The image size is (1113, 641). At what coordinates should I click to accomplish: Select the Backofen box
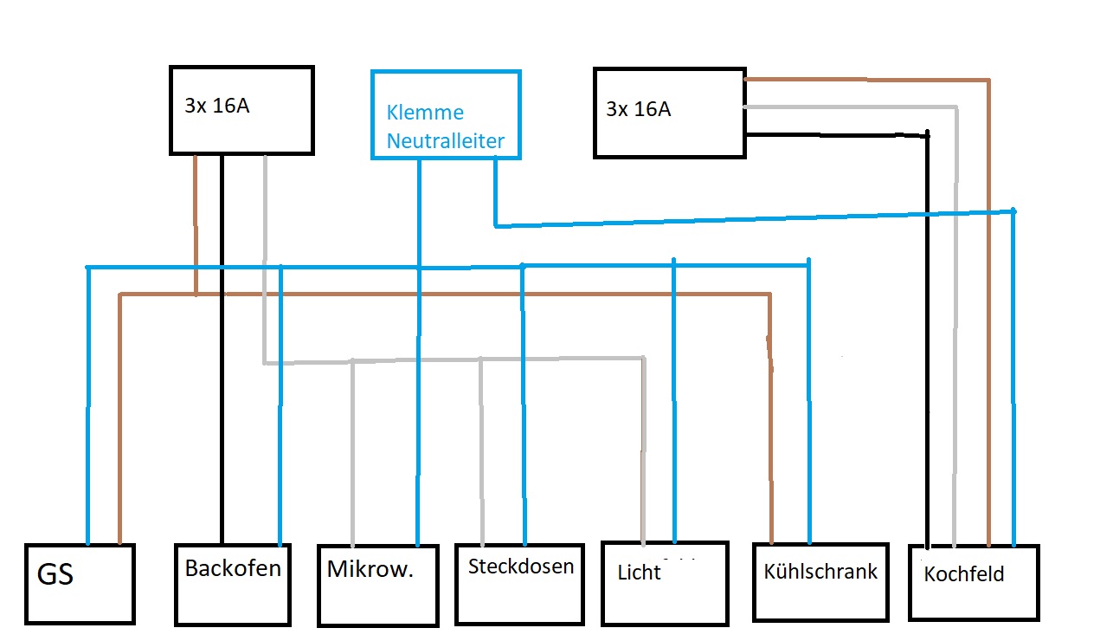coord(232,584)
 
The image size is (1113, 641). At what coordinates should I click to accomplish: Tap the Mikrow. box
coord(377,586)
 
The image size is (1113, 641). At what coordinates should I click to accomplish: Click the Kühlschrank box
coord(820,582)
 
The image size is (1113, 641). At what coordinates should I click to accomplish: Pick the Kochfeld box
coord(974,582)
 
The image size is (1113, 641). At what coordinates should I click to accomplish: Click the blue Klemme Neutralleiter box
coord(446,114)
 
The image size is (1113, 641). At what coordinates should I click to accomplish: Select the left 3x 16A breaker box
coord(241,110)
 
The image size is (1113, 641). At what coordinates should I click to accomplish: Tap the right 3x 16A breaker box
coord(669,113)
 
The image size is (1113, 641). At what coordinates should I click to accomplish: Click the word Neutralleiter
coord(445,140)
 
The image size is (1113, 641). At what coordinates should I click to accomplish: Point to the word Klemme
coord(425,113)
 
